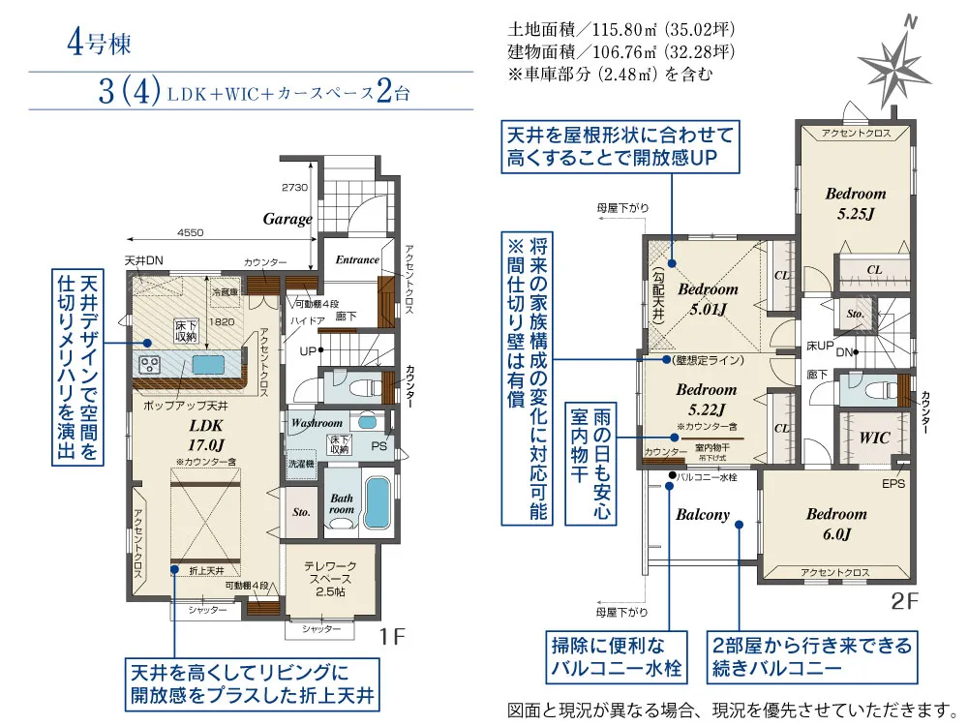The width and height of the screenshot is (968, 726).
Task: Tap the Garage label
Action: click(x=287, y=219)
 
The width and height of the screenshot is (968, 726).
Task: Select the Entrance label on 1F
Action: click(x=357, y=259)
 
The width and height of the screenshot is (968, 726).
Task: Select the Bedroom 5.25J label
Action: click(x=855, y=202)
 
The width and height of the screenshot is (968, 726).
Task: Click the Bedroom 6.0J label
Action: click(x=835, y=523)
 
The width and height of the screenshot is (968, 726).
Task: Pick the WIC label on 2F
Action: click(x=874, y=438)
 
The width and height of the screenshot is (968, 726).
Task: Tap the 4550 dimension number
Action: click(x=191, y=233)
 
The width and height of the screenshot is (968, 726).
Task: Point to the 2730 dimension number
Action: click(x=294, y=187)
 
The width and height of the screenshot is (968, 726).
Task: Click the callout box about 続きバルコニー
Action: click(x=811, y=656)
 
